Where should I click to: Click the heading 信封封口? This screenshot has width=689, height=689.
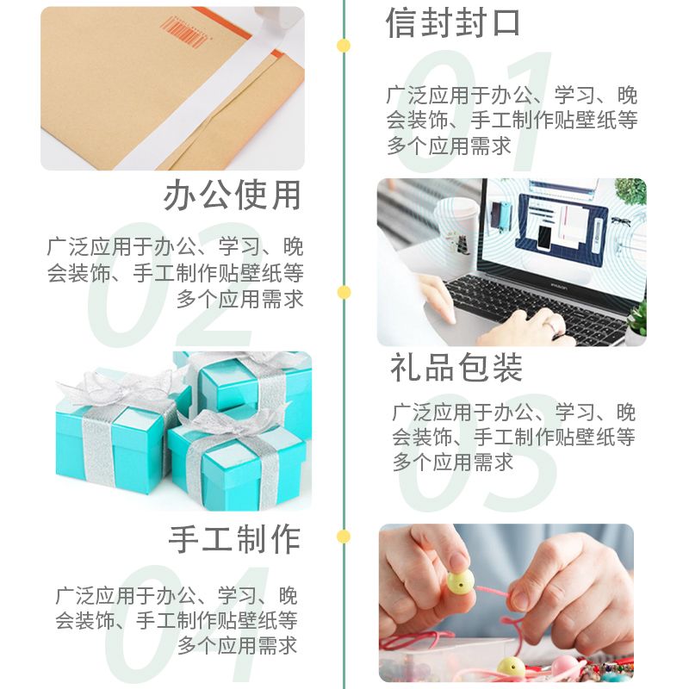(x=453, y=23)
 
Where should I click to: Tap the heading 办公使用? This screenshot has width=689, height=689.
(x=233, y=196)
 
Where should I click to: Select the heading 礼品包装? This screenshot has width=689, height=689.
(x=456, y=368)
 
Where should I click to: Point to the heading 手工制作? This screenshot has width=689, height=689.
(x=234, y=539)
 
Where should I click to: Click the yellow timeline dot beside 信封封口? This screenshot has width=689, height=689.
(x=343, y=46)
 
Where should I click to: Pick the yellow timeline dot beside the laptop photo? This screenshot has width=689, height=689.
(x=344, y=292)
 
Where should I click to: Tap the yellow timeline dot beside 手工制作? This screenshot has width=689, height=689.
(x=344, y=537)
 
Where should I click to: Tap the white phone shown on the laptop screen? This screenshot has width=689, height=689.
(x=544, y=239)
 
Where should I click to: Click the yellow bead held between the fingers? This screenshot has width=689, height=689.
(x=461, y=582)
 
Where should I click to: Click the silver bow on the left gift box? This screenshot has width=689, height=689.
(x=118, y=387)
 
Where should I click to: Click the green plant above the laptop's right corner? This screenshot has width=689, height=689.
(x=630, y=192)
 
